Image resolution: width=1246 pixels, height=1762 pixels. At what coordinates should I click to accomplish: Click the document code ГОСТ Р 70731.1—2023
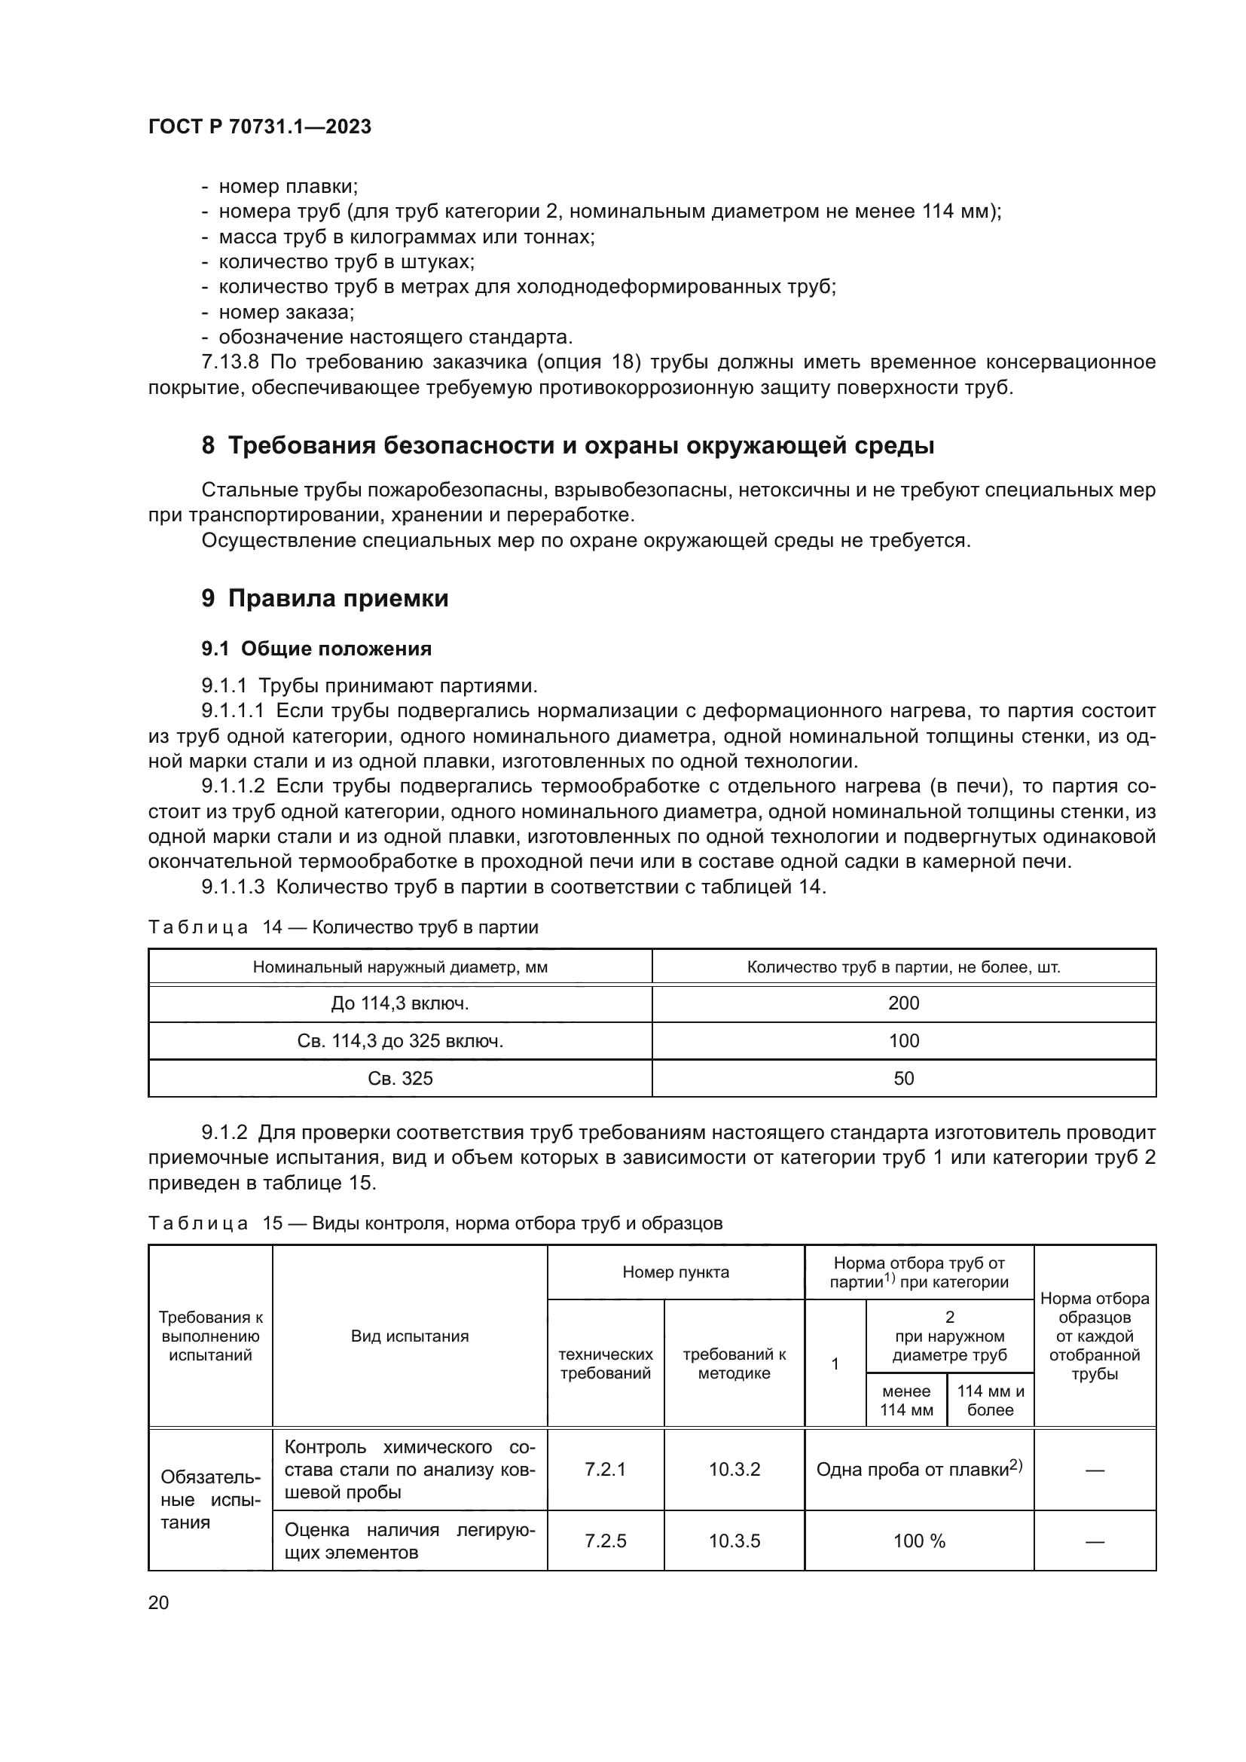click(x=259, y=127)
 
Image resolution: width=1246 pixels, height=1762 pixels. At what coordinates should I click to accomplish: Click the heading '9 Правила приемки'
click(x=325, y=599)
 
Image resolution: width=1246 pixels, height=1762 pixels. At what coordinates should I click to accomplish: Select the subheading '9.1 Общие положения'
click(x=316, y=649)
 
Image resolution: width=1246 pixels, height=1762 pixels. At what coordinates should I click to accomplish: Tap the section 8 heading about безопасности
click(x=568, y=445)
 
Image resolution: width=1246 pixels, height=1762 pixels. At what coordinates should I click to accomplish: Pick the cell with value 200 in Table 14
click(x=903, y=1003)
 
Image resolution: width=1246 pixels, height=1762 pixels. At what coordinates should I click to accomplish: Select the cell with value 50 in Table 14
click(x=903, y=1079)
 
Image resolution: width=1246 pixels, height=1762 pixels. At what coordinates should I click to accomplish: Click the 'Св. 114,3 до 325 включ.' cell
click(x=400, y=1041)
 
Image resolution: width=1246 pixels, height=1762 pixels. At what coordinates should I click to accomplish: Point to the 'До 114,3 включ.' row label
click(x=400, y=1003)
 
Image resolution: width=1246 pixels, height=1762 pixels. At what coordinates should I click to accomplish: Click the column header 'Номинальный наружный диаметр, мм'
click(x=400, y=968)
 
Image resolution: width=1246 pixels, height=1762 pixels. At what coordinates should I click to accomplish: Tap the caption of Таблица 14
click(x=343, y=928)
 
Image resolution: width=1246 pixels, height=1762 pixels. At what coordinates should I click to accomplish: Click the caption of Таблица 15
click(x=435, y=1223)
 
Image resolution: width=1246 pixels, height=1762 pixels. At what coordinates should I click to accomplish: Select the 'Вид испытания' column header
click(x=410, y=1336)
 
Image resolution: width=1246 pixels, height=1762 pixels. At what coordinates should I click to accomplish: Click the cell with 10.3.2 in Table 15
click(x=734, y=1469)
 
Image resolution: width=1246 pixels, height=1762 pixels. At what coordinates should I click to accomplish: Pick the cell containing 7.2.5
click(x=606, y=1541)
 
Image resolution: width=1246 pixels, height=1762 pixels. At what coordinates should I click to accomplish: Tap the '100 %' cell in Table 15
click(x=919, y=1541)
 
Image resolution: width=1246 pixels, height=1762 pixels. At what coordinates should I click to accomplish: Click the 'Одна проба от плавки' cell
click(x=919, y=1469)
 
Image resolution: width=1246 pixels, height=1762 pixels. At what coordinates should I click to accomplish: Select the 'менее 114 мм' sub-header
click(x=906, y=1400)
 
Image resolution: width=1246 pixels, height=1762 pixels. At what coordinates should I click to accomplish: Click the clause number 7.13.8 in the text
click(x=231, y=362)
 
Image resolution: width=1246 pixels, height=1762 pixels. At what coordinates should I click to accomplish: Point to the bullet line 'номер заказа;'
click(x=286, y=313)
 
